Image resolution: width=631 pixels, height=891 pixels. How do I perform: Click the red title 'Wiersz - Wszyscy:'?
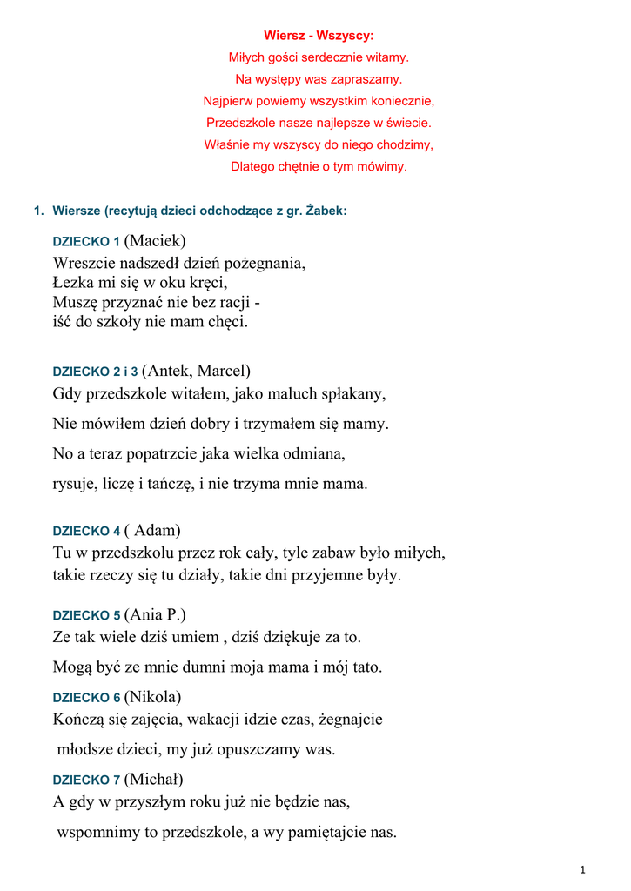[319, 36]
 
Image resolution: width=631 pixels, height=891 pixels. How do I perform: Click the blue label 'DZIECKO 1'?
[86, 242]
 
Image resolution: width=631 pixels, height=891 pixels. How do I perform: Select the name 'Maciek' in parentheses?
[156, 241]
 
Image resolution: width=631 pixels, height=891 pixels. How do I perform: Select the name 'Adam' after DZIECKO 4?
[156, 530]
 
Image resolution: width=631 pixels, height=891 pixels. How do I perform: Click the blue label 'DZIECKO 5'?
[86, 616]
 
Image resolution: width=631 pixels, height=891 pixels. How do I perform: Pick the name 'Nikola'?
[153, 697]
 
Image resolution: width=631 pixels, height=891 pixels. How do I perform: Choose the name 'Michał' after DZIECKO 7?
[154, 779]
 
